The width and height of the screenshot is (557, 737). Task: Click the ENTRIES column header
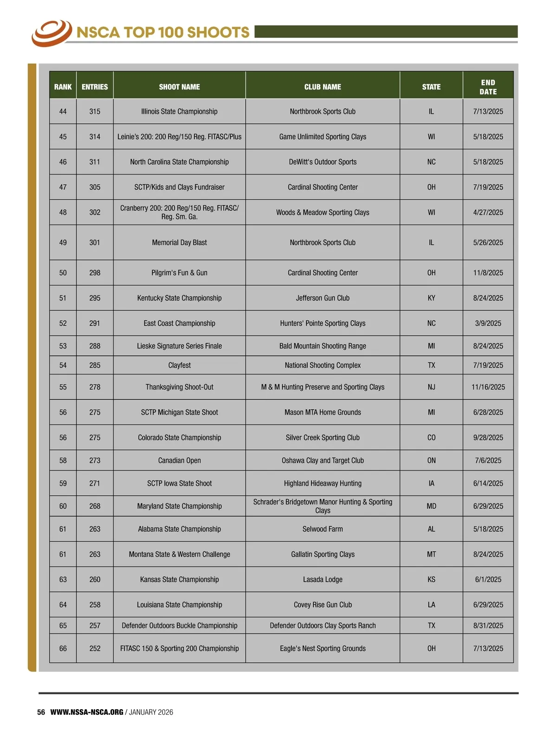pos(95,87)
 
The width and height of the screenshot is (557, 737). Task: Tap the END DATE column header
pos(488,87)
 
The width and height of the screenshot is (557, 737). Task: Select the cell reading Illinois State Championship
pos(179,111)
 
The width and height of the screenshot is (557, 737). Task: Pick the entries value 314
pos(95,137)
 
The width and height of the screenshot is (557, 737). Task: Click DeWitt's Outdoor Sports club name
pos(323,162)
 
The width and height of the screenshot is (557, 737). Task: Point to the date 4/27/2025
pos(488,213)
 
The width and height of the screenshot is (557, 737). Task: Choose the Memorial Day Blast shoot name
pos(179,243)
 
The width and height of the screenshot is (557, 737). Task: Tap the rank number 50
pos(63,273)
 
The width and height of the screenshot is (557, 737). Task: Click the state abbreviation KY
pos(431,298)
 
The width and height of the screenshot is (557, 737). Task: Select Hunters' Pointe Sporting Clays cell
pos(323,323)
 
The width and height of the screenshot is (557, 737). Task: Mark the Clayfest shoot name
pos(179,365)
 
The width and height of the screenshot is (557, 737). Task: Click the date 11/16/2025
pos(488,387)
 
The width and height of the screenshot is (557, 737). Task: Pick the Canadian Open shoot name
pos(179,460)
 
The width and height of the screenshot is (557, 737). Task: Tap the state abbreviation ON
pos(431,460)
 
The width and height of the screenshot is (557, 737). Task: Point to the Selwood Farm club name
pos(323,529)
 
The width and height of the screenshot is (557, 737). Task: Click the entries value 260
pos(95,580)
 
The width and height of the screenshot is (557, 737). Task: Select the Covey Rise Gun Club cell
pos(323,605)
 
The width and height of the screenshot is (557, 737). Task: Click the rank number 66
pos(63,648)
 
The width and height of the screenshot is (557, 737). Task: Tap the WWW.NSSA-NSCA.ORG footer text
pos(87,712)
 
